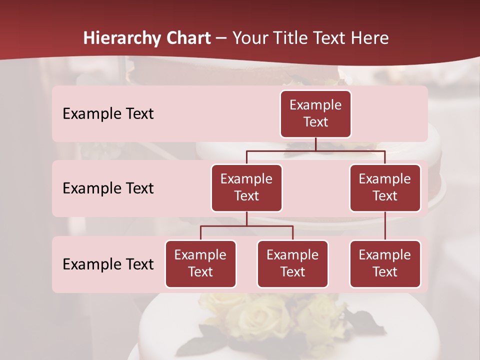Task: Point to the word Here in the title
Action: [x=369, y=38]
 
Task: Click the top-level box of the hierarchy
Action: [x=315, y=113]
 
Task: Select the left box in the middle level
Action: [x=246, y=187]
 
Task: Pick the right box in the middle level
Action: [x=385, y=187]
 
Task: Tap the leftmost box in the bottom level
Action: [x=200, y=263]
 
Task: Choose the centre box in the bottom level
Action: [x=292, y=263]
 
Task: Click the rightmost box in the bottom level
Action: [x=385, y=263]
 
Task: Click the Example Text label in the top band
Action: [x=108, y=113]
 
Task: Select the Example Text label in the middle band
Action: [x=108, y=188]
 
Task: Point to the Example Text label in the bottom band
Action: [x=108, y=264]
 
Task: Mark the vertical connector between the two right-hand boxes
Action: [x=385, y=225]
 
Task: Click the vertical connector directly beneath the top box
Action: [x=315, y=144]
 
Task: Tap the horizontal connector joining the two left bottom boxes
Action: [x=246, y=226]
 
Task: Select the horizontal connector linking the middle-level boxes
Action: [x=315, y=150]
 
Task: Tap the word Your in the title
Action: [x=250, y=38]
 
